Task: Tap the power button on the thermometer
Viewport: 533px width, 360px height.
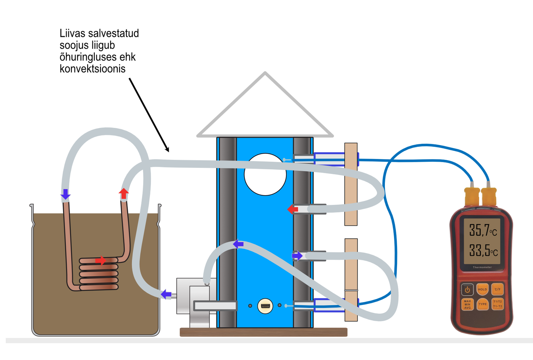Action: pyautogui.click(x=467, y=290)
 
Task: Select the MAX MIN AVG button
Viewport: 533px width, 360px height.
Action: pyautogui.click(x=467, y=304)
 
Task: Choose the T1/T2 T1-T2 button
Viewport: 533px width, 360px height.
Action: pyautogui.click(x=497, y=304)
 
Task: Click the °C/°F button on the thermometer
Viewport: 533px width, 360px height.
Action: pyautogui.click(x=497, y=290)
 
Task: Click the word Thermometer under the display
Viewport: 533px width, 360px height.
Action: pyautogui.click(x=482, y=268)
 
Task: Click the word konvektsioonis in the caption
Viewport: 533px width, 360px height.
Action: pyautogui.click(x=93, y=69)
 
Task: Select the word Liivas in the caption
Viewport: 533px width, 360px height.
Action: pyautogui.click(x=73, y=33)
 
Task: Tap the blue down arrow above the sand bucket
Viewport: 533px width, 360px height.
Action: pyautogui.click(x=65, y=194)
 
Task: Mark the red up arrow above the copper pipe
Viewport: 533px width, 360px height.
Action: pyautogui.click(x=124, y=193)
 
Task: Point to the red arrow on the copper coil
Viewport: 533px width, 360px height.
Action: pyautogui.click(x=101, y=261)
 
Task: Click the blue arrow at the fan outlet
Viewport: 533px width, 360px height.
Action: pyautogui.click(x=166, y=294)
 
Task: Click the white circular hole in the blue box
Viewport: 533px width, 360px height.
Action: pyautogui.click(x=265, y=174)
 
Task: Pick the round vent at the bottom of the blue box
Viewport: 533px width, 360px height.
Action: pyautogui.click(x=265, y=306)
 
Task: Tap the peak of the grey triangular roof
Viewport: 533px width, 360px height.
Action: pyautogui.click(x=265, y=73)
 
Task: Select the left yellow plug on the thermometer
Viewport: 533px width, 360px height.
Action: pyautogui.click(x=472, y=197)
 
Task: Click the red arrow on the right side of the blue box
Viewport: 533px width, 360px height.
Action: pyautogui.click(x=292, y=209)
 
